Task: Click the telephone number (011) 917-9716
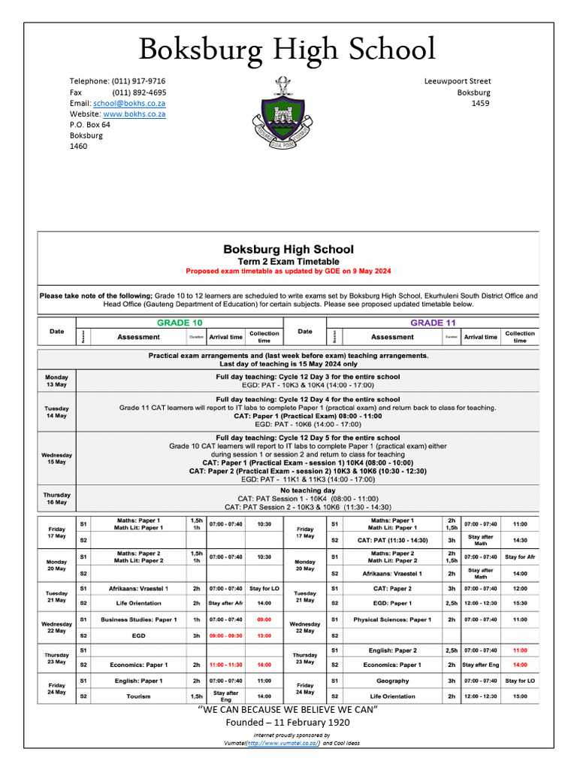pyautogui.click(x=139, y=81)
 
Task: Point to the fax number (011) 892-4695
pyautogui.click(x=139, y=92)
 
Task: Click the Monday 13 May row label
pyautogui.click(x=56, y=380)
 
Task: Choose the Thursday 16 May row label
pyautogui.click(x=56, y=499)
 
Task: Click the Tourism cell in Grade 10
pyautogui.click(x=138, y=696)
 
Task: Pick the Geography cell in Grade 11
pyautogui.click(x=392, y=681)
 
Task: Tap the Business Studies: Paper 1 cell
pyautogui.click(x=138, y=620)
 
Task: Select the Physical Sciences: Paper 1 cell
pyautogui.click(x=392, y=620)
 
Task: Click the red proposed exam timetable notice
pyautogui.click(x=288, y=271)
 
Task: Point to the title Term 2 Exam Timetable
pyautogui.click(x=288, y=260)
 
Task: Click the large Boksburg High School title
pyautogui.click(x=288, y=50)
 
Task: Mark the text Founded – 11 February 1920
pyautogui.click(x=288, y=723)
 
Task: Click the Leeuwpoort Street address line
pyautogui.click(x=458, y=81)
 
